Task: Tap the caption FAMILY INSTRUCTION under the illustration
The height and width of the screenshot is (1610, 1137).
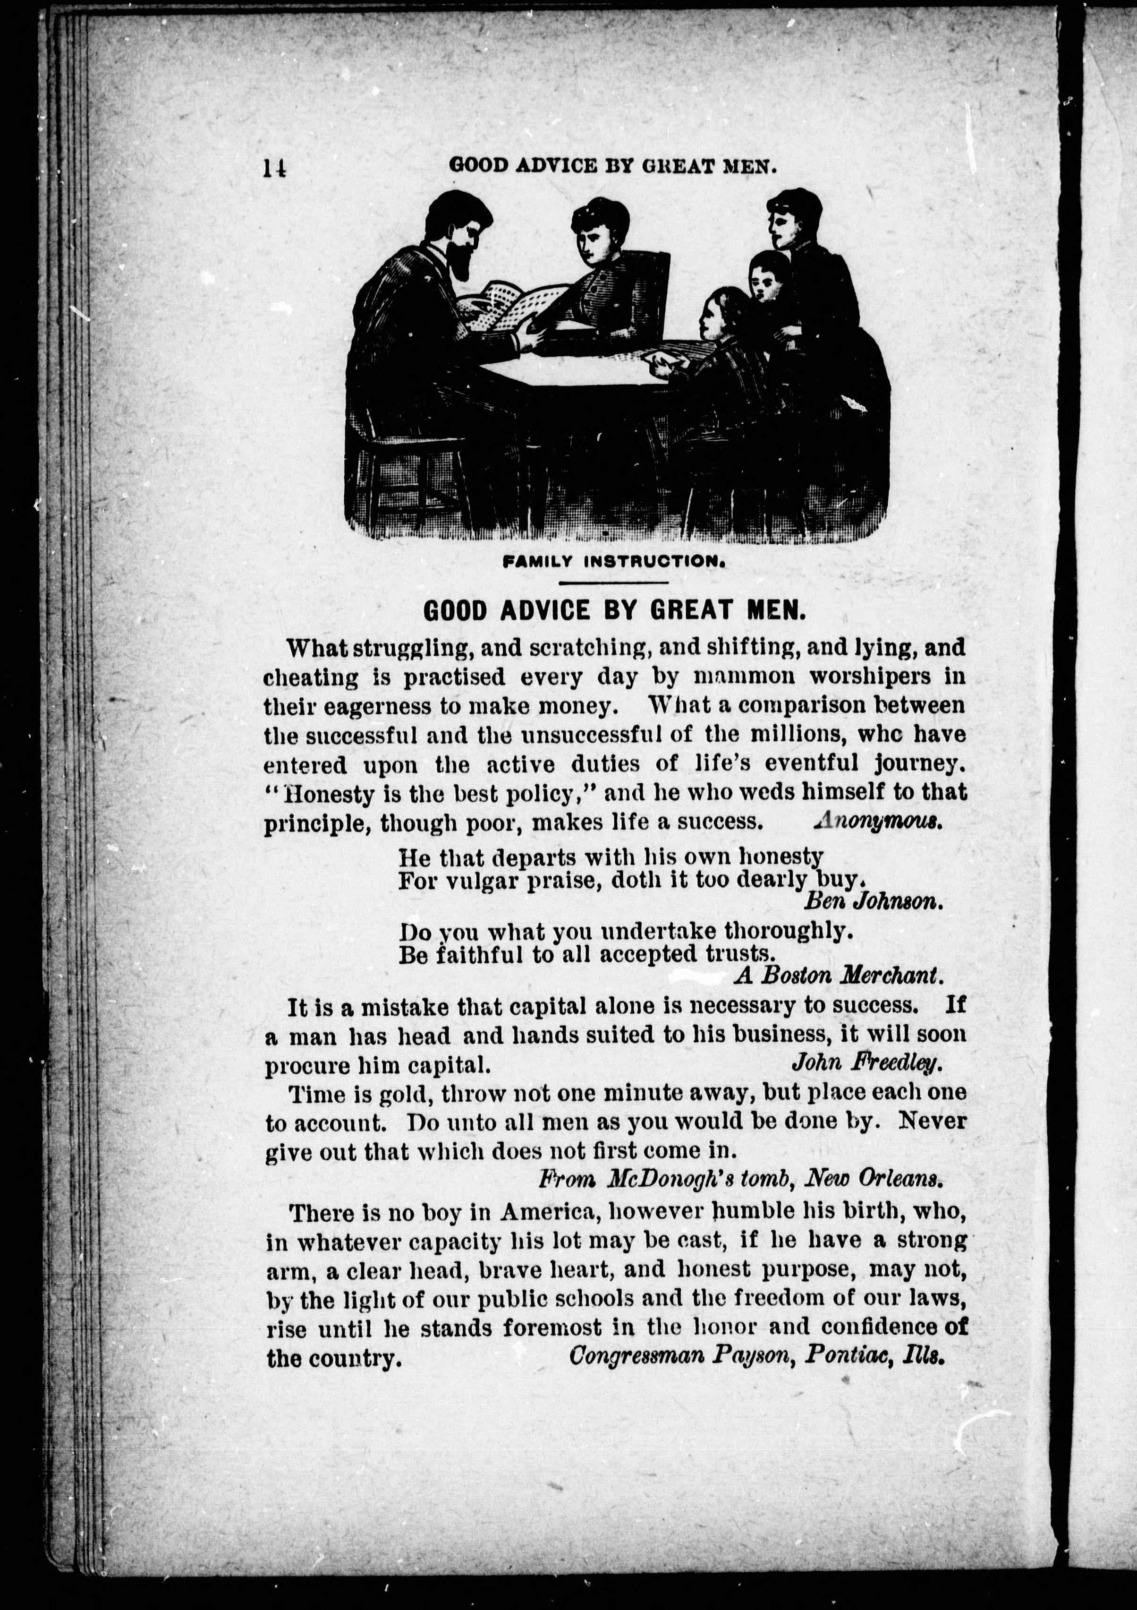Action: [x=613, y=561]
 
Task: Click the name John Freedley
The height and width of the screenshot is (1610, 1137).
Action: [x=865, y=1064]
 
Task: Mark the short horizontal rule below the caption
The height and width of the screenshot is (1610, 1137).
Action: [x=613, y=582]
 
